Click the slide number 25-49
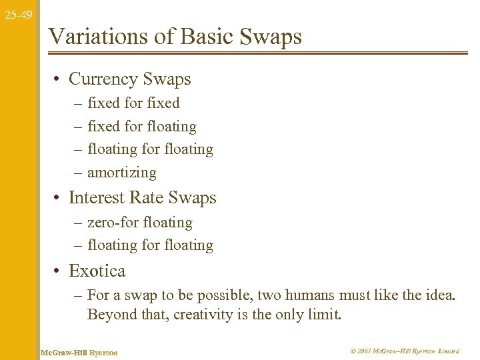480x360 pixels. point(17,14)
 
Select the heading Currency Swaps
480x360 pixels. point(129,79)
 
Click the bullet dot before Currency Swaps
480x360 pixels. point(59,80)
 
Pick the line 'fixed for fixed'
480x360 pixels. point(133,103)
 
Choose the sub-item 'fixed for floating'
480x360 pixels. point(142,127)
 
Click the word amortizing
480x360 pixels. point(122,173)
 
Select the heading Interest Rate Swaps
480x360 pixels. point(143,198)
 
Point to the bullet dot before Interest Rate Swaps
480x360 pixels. point(59,199)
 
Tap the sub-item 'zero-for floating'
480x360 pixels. point(140,223)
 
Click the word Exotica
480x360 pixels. point(97,271)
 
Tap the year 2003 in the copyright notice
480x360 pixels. point(364,351)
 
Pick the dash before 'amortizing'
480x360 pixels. point(79,173)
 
